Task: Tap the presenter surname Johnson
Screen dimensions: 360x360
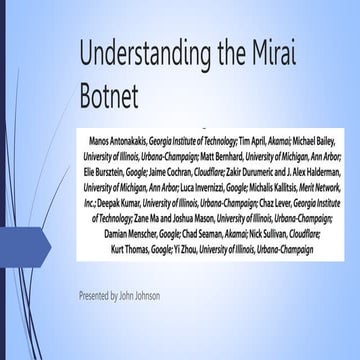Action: (144, 297)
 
